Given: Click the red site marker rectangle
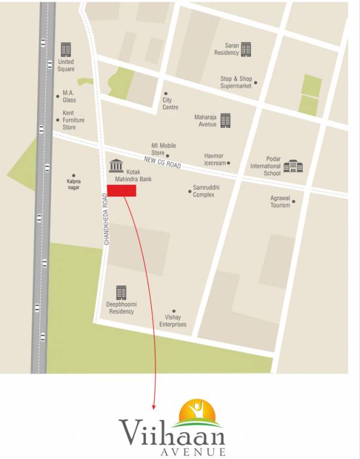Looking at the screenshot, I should pyautogui.click(x=122, y=191).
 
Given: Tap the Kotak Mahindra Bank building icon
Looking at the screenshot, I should pyautogui.click(x=116, y=166).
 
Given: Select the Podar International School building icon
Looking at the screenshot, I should pyautogui.click(x=293, y=166).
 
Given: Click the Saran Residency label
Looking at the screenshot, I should pyautogui.click(x=227, y=49).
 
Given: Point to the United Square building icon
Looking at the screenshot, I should pyautogui.click(x=66, y=48).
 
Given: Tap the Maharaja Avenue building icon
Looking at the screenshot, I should pyautogui.click(x=225, y=120).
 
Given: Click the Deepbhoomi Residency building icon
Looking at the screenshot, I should pyautogui.click(x=121, y=292).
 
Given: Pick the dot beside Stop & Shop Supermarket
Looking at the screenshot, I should pyautogui.click(x=256, y=82).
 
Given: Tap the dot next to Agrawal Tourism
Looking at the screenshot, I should pyautogui.click(x=293, y=201).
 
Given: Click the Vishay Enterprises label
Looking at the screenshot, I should pyautogui.click(x=173, y=321).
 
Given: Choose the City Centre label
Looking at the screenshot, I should pyautogui.click(x=170, y=104).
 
